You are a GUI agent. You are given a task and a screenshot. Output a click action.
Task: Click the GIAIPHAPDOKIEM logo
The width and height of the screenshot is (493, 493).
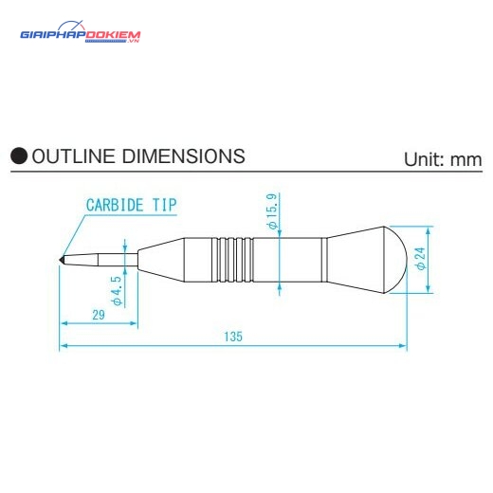click(81, 32)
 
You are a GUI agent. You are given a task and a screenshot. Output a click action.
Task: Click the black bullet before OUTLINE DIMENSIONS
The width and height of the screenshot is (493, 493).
click(19, 155)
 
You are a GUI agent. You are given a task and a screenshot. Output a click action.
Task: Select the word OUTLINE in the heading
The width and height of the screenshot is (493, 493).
click(73, 156)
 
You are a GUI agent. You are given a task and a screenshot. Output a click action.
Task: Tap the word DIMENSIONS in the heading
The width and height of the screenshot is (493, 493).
click(184, 156)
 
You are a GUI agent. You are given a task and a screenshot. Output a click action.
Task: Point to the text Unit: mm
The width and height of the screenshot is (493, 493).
click(443, 159)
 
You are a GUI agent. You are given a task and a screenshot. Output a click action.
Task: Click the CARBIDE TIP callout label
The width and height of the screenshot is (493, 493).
click(132, 205)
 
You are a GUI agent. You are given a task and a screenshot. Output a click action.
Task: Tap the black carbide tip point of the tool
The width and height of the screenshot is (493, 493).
click(62, 260)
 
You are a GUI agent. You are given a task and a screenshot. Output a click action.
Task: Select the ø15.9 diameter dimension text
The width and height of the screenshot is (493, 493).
click(272, 211)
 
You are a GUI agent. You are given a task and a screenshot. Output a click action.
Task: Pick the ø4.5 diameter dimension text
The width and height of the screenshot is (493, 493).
click(117, 291)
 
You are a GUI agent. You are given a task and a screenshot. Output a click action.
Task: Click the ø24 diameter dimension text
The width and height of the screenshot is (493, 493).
click(421, 259)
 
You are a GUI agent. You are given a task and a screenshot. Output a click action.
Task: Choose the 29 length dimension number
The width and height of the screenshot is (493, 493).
click(99, 315)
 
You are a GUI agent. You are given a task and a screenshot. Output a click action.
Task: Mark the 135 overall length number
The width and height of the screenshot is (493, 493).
click(233, 337)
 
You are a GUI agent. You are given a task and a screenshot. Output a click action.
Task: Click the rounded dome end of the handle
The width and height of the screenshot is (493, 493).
click(396, 260)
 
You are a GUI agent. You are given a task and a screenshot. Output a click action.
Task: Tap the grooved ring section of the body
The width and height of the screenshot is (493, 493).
click(232, 260)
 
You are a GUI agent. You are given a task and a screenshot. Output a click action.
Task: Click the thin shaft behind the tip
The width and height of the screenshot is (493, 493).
click(118, 260)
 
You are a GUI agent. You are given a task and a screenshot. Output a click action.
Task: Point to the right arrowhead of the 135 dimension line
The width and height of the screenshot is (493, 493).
click(403, 346)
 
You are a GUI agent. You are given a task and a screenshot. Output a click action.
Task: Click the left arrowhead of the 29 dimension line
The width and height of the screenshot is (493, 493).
click(64, 323)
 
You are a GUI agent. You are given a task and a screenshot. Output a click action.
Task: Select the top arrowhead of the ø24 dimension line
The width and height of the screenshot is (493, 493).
click(429, 231)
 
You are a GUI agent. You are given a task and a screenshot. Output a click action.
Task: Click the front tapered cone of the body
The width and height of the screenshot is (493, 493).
click(161, 260)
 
